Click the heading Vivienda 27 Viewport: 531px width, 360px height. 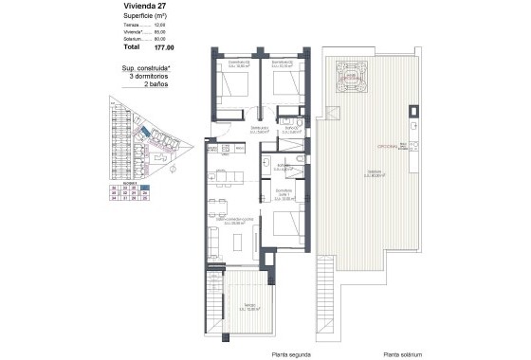click(x=124, y=7)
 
